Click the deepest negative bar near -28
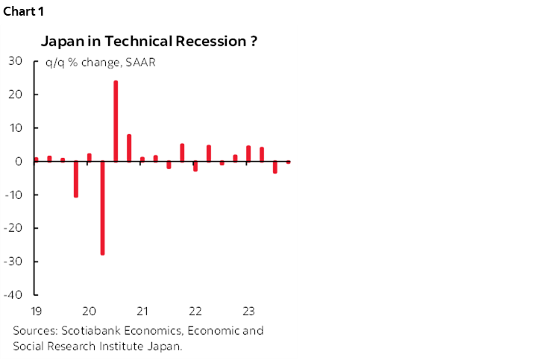[102, 208]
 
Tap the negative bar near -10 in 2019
[75, 179]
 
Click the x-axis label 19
[35, 311]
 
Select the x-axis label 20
[89, 311]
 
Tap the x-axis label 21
[142, 311]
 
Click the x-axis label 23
[248, 311]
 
